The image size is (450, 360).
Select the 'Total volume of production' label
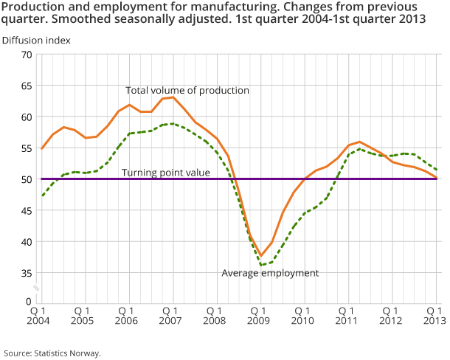tap(187, 90)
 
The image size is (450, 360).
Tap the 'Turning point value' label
tap(166, 172)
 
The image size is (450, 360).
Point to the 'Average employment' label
tap(270, 273)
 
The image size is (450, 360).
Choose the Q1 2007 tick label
tap(170, 316)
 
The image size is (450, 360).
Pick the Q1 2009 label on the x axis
tap(259, 316)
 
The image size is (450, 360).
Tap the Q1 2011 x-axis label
tap(347, 316)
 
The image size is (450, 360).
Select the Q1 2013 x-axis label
tap(435, 316)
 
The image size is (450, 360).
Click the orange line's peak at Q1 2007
tap(173, 97)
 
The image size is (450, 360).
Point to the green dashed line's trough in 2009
tap(262, 264)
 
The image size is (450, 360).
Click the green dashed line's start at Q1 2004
tap(42, 195)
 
